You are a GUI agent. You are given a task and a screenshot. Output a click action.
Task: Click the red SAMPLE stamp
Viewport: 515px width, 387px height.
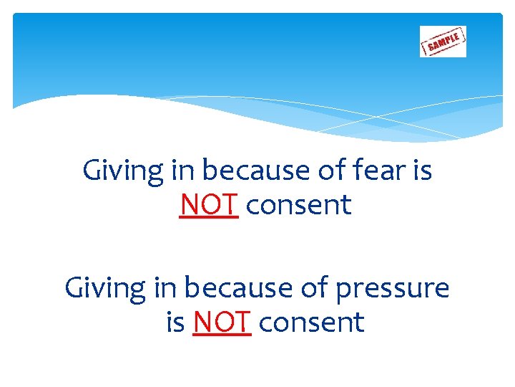tap(443, 42)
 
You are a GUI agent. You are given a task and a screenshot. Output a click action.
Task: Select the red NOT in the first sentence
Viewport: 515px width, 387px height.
tap(208, 206)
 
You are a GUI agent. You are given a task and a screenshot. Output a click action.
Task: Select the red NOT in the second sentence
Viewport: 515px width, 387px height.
tap(222, 322)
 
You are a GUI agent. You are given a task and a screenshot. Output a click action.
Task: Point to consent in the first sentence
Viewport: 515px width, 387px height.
tap(298, 206)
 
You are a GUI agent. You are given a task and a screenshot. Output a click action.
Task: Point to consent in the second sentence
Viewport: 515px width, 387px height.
tap(311, 322)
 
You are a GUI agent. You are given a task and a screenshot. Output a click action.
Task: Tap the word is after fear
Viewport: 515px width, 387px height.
tap(422, 171)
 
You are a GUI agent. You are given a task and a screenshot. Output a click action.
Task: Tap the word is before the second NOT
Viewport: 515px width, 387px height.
tap(175, 322)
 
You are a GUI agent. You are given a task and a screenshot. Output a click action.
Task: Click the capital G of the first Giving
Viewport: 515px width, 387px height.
tap(92, 171)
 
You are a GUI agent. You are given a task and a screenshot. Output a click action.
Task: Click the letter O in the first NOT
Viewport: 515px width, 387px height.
tap(209, 206)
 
